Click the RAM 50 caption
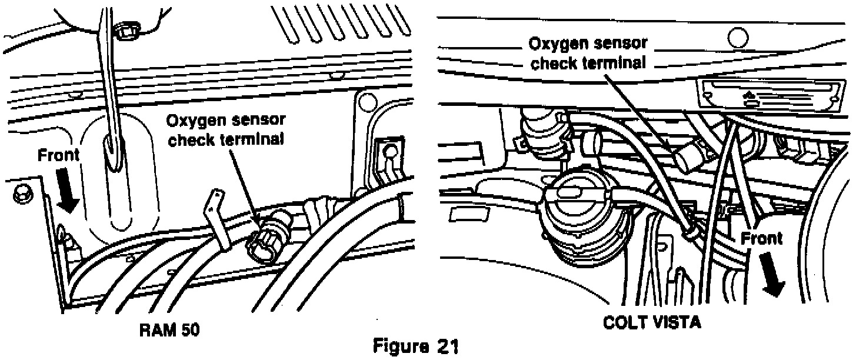(x=169, y=331)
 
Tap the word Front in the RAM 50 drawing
(x=58, y=156)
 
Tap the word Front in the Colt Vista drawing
(x=762, y=238)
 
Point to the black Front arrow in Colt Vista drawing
(x=772, y=275)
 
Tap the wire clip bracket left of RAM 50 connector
(x=219, y=221)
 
